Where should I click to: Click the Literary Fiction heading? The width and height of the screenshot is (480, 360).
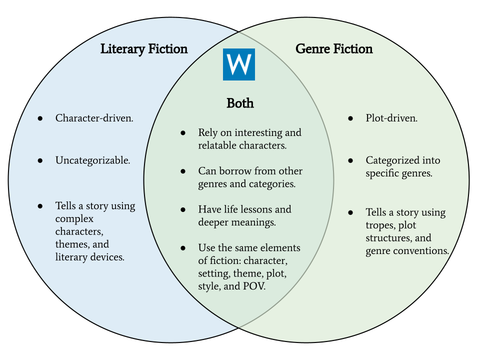tap(144, 49)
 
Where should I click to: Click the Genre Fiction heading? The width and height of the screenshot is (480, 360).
tap(334, 49)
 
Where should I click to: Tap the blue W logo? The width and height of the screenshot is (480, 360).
tap(238, 64)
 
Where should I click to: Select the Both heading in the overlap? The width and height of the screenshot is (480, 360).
tap(240, 103)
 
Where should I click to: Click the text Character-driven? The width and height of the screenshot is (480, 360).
tap(94, 118)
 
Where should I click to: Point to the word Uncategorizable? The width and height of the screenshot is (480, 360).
tap(92, 160)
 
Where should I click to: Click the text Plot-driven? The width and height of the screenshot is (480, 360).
tap(391, 118)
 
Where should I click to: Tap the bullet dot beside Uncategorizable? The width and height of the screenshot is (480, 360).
tap(40, 160)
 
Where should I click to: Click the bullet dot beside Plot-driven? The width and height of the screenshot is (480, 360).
tap(350, 118)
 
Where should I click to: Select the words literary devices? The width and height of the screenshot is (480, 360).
tap(90, 257)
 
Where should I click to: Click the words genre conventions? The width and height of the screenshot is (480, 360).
tap(407, 251)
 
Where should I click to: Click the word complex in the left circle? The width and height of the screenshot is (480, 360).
tap(74, 219)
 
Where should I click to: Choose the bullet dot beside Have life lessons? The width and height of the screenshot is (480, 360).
tap(183, 209)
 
